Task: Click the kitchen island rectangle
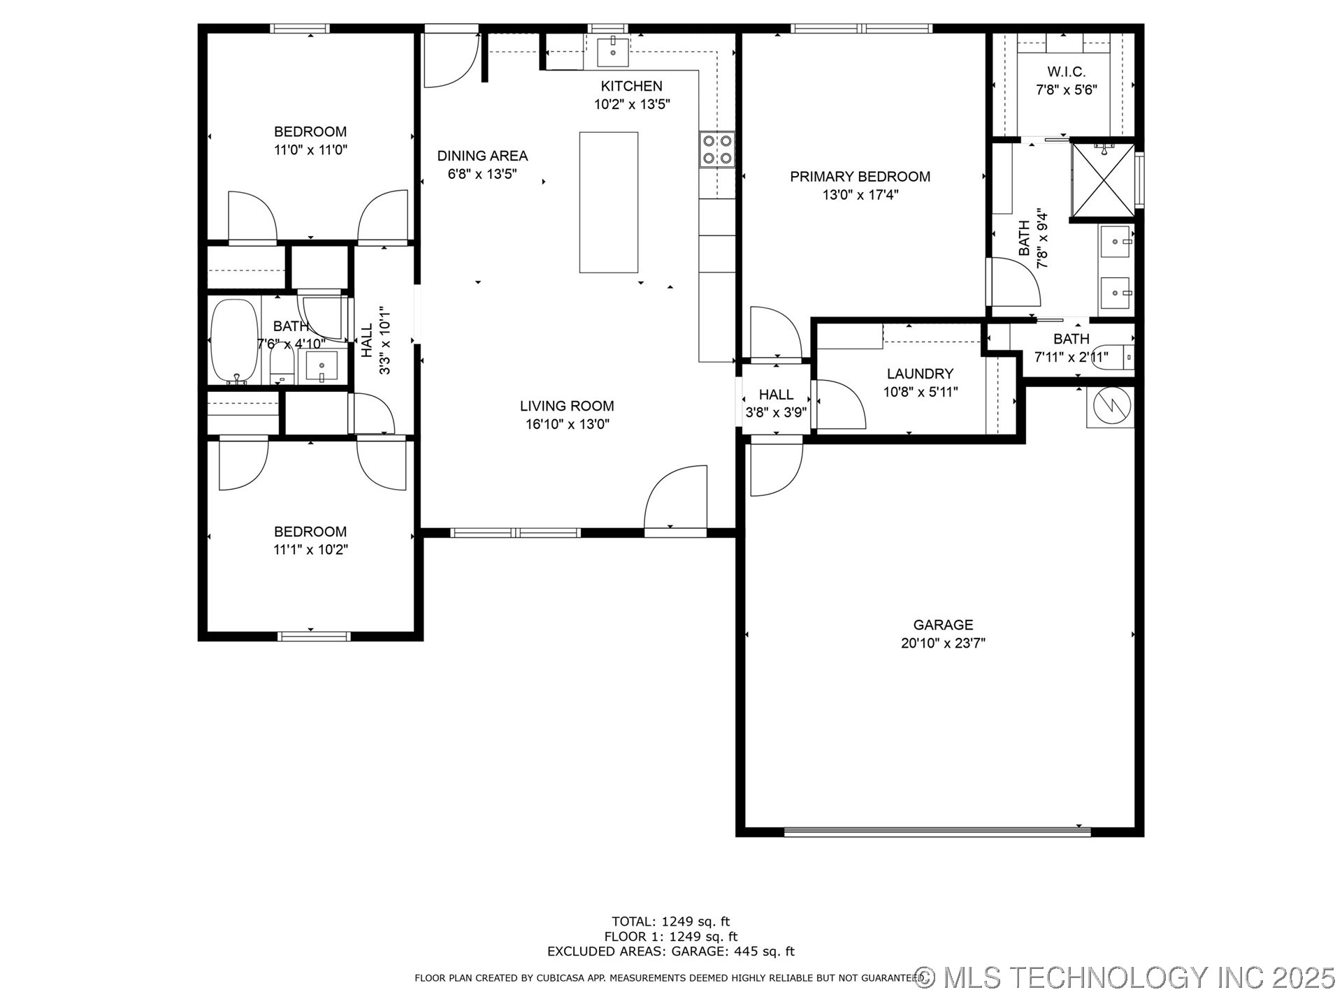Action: pyautogui.click(x=608, y=202)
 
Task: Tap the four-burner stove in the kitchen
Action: pyautogui.click(x=717, y=149)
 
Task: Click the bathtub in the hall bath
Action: pyautogui.click(x=234, y=342)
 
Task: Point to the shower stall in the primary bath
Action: pyautogui.click(x=1102, y=180)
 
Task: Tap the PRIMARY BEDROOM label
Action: pyautogui.click(x=860, y=177)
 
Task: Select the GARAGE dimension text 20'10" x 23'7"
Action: pyautogui.click(x=943, y=643)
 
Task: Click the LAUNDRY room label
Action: pyautogui.click(x=920, y=374)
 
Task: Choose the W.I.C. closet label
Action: pyautogui.click(x=1066, y=72)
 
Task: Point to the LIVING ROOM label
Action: pyautogui.click(x=567, y=406)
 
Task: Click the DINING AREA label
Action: pyautogui.click(x=482, y=156)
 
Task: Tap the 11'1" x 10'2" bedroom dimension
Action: pyautogui.click(x=310, y=550)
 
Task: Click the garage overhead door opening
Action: pyautogui.click(x=937, y=831)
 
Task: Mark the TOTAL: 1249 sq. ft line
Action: pyautogui.click(x=670, y=921)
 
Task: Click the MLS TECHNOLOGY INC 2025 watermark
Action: pyautogui.click(x=1125, y=977)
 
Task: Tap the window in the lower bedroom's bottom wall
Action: pyautogui.click(x=314, y=636)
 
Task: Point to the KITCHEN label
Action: pyautogui.click(x=632, y=86)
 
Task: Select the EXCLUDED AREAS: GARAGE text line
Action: pyautogui.click(x=670, y=952)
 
